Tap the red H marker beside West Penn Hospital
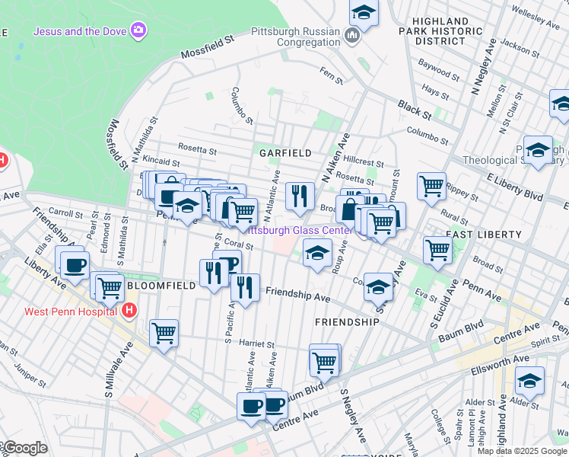pyautogui.click(x=130, y=311)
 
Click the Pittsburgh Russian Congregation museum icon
pyautogui.click(x=352, y=35)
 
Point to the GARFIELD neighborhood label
pyautogui.click(x=285, y=153)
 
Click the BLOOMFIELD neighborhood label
pyautogui.click(x=161, y=285)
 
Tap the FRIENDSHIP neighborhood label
pyautogui.click(x=347, y=322)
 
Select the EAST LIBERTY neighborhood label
pyautogui.click(x=477, y=235)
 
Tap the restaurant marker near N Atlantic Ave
pyautogui.click(x=300, y=196)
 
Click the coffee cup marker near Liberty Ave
pyautogui.click(x=74, y=264)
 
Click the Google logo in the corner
pyautogui.click(x=24, y=448)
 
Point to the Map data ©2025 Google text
pyautogui.click(x=522, y=451)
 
